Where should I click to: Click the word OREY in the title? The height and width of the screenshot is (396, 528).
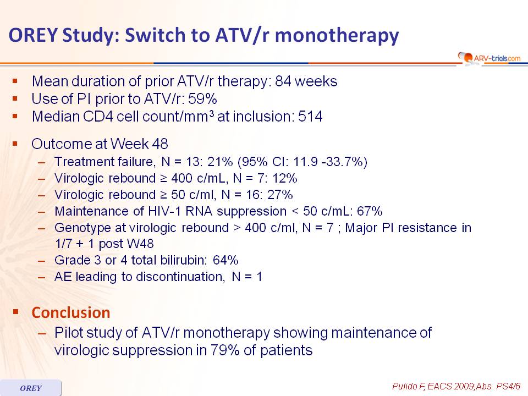tap(32, 35)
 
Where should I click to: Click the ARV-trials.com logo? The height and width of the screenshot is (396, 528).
tap(490, 58)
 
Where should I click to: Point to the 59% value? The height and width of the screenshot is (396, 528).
tap(202, 99)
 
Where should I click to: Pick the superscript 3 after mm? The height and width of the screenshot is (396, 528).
tap(211, 113)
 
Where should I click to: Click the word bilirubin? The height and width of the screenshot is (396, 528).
tap(183, 260)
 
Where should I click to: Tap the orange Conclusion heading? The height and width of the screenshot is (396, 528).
tap(71, 313)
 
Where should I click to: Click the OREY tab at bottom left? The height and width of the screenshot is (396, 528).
tap(31, 388)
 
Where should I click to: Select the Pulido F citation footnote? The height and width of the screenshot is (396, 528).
tap(457, 386)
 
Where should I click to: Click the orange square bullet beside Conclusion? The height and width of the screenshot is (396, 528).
tap(15, 312)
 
